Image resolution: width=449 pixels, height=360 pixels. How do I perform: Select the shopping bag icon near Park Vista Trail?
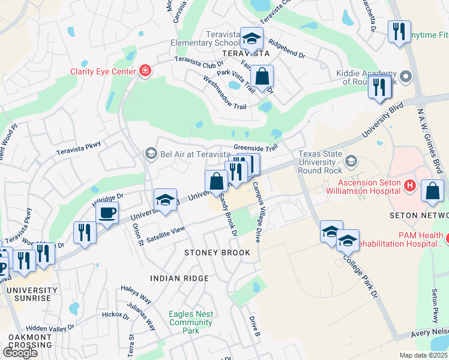pos(262,77)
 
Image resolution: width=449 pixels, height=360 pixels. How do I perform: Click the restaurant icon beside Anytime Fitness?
pos(399,31)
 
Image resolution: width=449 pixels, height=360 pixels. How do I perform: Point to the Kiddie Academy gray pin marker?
pos(406,76)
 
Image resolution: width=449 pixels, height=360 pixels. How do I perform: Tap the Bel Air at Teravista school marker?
pos(150,154)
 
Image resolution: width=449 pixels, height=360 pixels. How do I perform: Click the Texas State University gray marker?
pos(351,161)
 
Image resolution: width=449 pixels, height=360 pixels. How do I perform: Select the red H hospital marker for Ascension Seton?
pos(411,185)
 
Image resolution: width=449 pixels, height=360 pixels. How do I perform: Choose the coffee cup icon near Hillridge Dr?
pos(107,214)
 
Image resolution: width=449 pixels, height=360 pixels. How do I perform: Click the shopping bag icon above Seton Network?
pos(432,191)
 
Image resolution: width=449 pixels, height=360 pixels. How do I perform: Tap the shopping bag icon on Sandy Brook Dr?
pos(216,181)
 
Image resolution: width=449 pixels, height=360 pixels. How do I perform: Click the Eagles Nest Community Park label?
pos(191,322)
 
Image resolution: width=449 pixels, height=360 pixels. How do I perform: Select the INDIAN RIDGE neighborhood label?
pos(179,278)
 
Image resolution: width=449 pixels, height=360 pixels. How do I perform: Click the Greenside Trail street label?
pos(256,148)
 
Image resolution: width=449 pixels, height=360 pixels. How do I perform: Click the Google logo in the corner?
pos(20,352)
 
